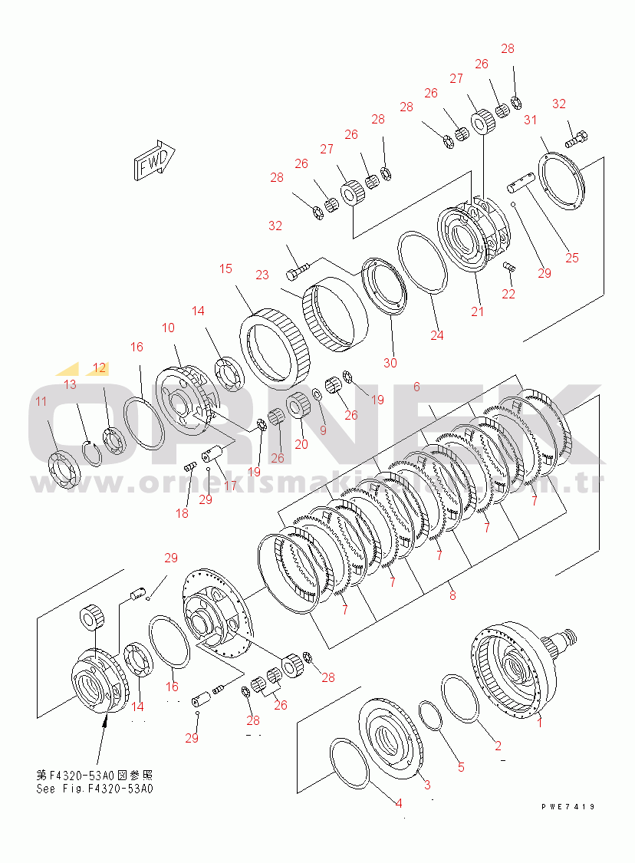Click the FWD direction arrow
(x=155, y=161)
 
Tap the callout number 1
(x=539, y=722)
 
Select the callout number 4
(x=399, y=803)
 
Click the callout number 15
(x=225, y=268)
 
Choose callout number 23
(x=262, y=275)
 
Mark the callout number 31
(x=530, y=120)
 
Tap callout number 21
(x=478, y=311)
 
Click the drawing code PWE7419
(x=568, y=806)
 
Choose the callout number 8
(x=452, y=595)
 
